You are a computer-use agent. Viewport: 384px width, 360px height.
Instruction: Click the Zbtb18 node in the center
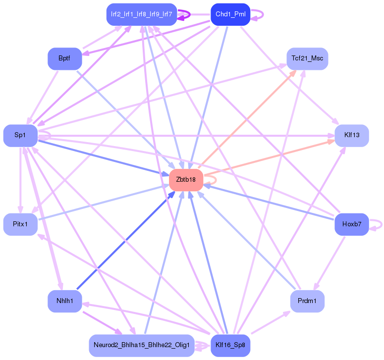(186, 180)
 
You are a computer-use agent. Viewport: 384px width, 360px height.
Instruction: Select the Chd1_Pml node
(230, 14)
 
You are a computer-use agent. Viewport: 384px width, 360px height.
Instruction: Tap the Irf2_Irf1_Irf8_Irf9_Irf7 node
(142, 14)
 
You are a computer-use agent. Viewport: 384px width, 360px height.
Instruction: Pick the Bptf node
(64, 59)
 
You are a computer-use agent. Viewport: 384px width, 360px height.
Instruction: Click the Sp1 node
(20, 135)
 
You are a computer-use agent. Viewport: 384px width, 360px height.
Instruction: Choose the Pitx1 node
(20, 224)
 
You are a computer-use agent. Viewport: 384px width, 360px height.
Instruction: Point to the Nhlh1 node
(64, 302)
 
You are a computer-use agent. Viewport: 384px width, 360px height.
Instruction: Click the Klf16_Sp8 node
(230, 345)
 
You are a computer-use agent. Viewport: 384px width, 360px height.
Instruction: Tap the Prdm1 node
(307, 302)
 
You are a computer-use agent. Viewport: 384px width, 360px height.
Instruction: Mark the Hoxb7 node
(352, 224)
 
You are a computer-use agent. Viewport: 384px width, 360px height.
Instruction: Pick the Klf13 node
(352, 135)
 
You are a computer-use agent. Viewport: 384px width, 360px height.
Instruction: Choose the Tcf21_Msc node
(307, 59)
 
